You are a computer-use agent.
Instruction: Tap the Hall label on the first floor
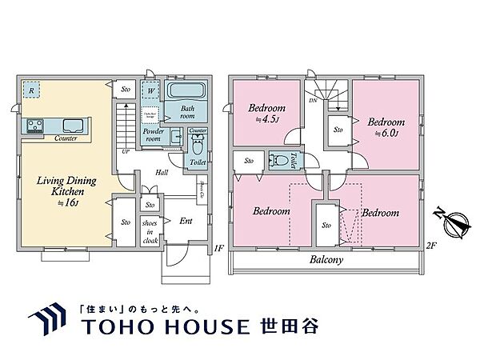click(x=161, y=171)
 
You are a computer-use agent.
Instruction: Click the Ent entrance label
click(x=186, y=220)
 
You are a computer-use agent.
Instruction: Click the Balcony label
click(x=326, y=260)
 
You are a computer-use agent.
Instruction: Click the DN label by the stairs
click(x=313, y=102)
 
